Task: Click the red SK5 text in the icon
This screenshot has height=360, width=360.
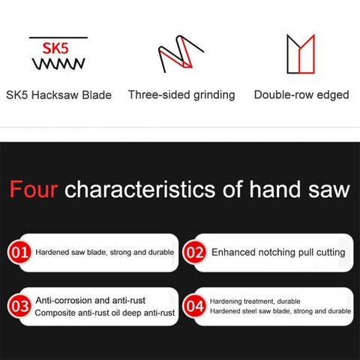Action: click(x=55, y=48)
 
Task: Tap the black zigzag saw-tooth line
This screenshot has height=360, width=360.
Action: click(x=58, y=64)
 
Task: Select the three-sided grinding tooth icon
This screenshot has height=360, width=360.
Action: click(x=181, y=54)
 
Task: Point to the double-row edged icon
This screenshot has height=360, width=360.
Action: click(x=301, y=54)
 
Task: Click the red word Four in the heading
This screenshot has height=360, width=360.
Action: click(x=34, y=189)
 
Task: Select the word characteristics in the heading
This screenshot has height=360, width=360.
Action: click(x=140, y=189)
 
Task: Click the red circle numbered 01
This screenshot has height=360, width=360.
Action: click(x=19, y=252)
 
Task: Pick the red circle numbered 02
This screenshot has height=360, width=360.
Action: click(x=195, y=252)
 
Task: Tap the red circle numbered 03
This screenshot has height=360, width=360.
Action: click(x=19, y=306)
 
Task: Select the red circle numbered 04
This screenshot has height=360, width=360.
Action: click(x=195, y=306)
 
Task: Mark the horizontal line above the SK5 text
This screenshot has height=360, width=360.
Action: click(x=58, y=37)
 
